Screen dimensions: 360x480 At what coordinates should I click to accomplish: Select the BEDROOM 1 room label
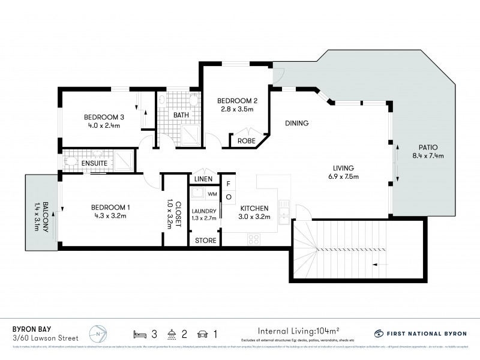112,207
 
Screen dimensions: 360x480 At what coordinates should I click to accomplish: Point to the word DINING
296,124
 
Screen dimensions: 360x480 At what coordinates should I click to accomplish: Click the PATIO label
424,147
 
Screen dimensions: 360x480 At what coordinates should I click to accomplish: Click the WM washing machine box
211,194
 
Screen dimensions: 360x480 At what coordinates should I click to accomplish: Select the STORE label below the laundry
204,241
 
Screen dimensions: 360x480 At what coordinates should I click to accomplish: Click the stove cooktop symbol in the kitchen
253,239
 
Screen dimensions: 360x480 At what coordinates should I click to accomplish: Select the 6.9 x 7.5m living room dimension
344,176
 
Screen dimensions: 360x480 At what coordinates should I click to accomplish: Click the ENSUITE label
95,163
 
